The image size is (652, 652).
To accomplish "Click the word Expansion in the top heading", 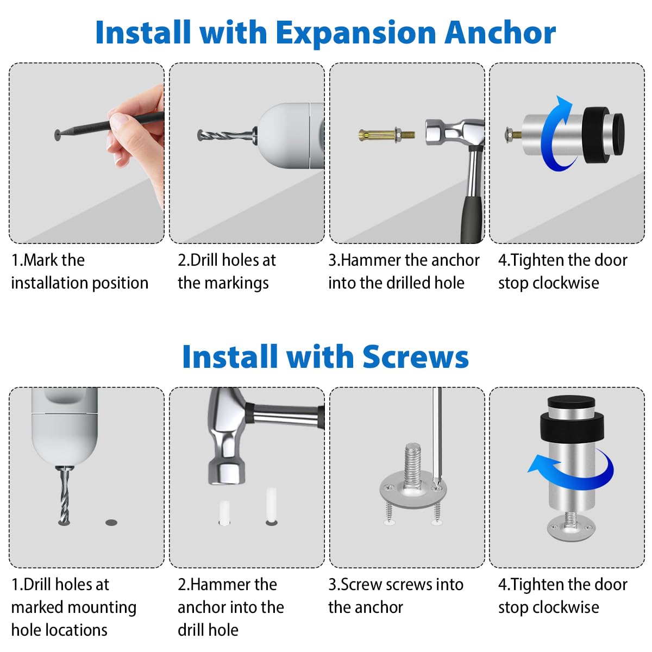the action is [356, 34].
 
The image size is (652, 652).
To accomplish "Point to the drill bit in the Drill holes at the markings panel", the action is [226, 136].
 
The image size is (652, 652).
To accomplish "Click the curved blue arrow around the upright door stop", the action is [572, 471].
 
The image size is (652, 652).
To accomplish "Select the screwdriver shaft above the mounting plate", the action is [437, 436].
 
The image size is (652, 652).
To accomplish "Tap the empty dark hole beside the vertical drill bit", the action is [111, 522].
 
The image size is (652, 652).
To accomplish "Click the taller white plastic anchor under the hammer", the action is [271, 505].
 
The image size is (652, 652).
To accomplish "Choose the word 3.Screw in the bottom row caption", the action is [355, 585].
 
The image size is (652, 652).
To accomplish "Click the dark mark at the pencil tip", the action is [58, 135].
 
